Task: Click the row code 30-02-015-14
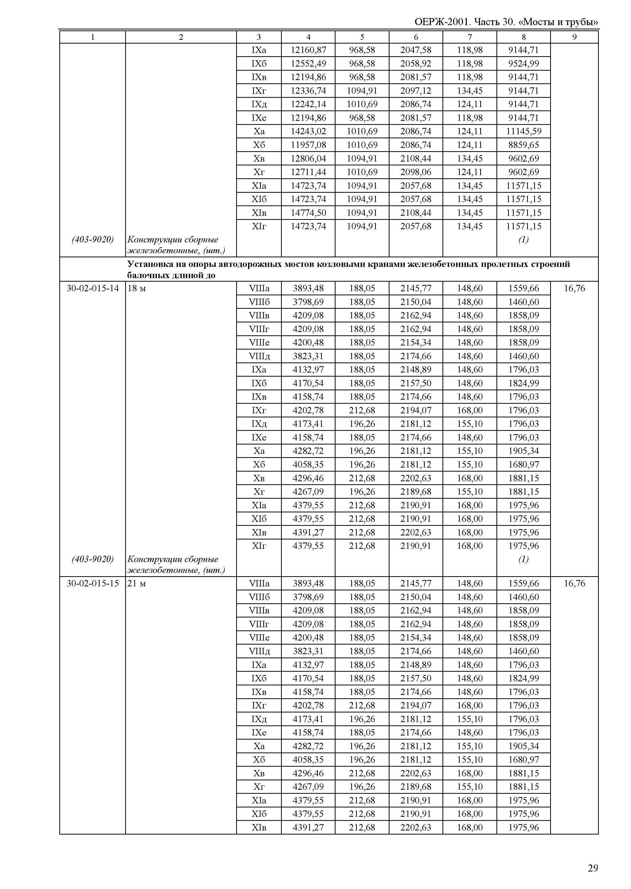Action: click(93, 288)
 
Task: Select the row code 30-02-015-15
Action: click(93, 583)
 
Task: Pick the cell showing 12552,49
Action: click(308, 64)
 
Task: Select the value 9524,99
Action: click(523, 64)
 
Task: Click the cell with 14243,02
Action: click(308, 131)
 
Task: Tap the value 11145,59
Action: click(523, 131)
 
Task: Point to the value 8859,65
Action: click(523, 145)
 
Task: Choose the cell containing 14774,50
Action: click(308, 213)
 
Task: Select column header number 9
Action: click(574, 37)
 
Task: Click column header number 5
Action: click(362, 37)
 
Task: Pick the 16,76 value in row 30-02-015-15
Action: click(574, 583)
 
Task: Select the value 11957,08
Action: click(308, 145)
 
